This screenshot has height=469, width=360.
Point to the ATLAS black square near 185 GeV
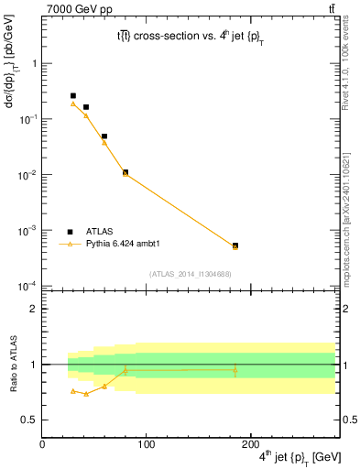click(235, 245)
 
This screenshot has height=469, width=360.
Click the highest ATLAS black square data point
click(73, 95)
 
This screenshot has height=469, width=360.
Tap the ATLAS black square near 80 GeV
click(125, 172)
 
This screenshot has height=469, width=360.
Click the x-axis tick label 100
click(145, 444)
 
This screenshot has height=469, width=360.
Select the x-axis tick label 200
click(247, 444)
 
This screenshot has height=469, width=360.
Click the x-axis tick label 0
click(42, 444)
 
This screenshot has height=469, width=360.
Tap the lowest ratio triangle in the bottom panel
click(86, 394)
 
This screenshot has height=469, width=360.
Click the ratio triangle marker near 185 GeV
click(235, 370)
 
